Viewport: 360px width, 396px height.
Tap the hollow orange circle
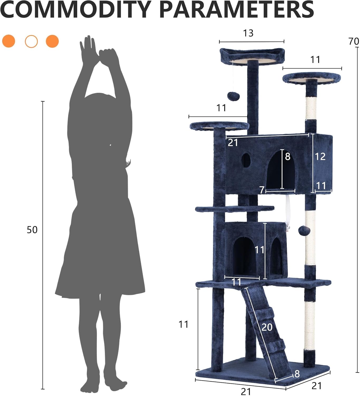[x=31, y=41]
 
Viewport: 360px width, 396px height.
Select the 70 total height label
[x=354, y=41]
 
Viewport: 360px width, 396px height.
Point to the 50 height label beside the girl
[x=32, y=230]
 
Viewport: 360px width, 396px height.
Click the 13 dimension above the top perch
[x=248, y=33]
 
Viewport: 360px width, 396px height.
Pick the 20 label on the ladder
[x=267, y=327]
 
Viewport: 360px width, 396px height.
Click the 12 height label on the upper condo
[x=320, y=157]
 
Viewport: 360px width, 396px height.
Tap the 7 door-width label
[x=262, y=190]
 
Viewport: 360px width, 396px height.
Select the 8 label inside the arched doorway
[x=288, y=157]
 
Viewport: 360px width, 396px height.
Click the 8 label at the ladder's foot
[x=297, y=374]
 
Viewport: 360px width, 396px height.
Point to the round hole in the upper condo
[x=245, y=160]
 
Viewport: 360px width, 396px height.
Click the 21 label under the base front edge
[x=246, y=391]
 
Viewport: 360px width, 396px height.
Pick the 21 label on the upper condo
[x=233, y=143]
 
